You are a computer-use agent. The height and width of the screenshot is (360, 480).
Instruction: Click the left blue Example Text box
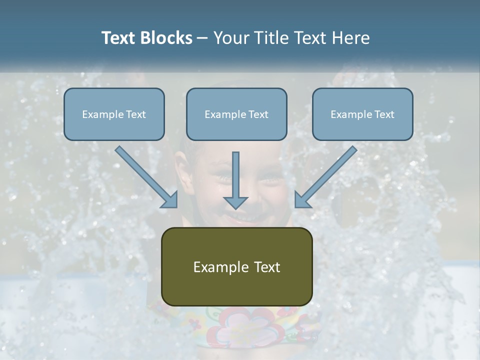pos(114,114)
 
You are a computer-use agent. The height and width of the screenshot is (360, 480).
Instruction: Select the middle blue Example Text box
pos(236,114)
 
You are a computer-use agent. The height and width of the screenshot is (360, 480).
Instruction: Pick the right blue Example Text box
pos(362,114)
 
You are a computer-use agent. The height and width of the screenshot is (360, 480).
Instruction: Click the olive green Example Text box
pos(236,266)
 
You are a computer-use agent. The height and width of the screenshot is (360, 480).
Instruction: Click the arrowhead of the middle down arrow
pos(235,202)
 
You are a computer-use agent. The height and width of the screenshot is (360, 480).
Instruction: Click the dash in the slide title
pos(202,38)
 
